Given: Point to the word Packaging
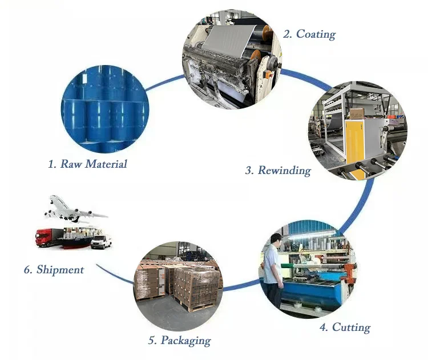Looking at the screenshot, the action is pyautogui.click(x=185, y=341).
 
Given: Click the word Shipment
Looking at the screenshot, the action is pyautogui.click(x=60, y=269).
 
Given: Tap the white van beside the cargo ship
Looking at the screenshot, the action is pyautogui.click(x=100, y=241).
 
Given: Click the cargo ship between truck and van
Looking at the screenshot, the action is pyautogui.click(x=75, y=240).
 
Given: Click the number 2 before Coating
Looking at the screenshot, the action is pyautogui.click(x=287, y=34).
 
